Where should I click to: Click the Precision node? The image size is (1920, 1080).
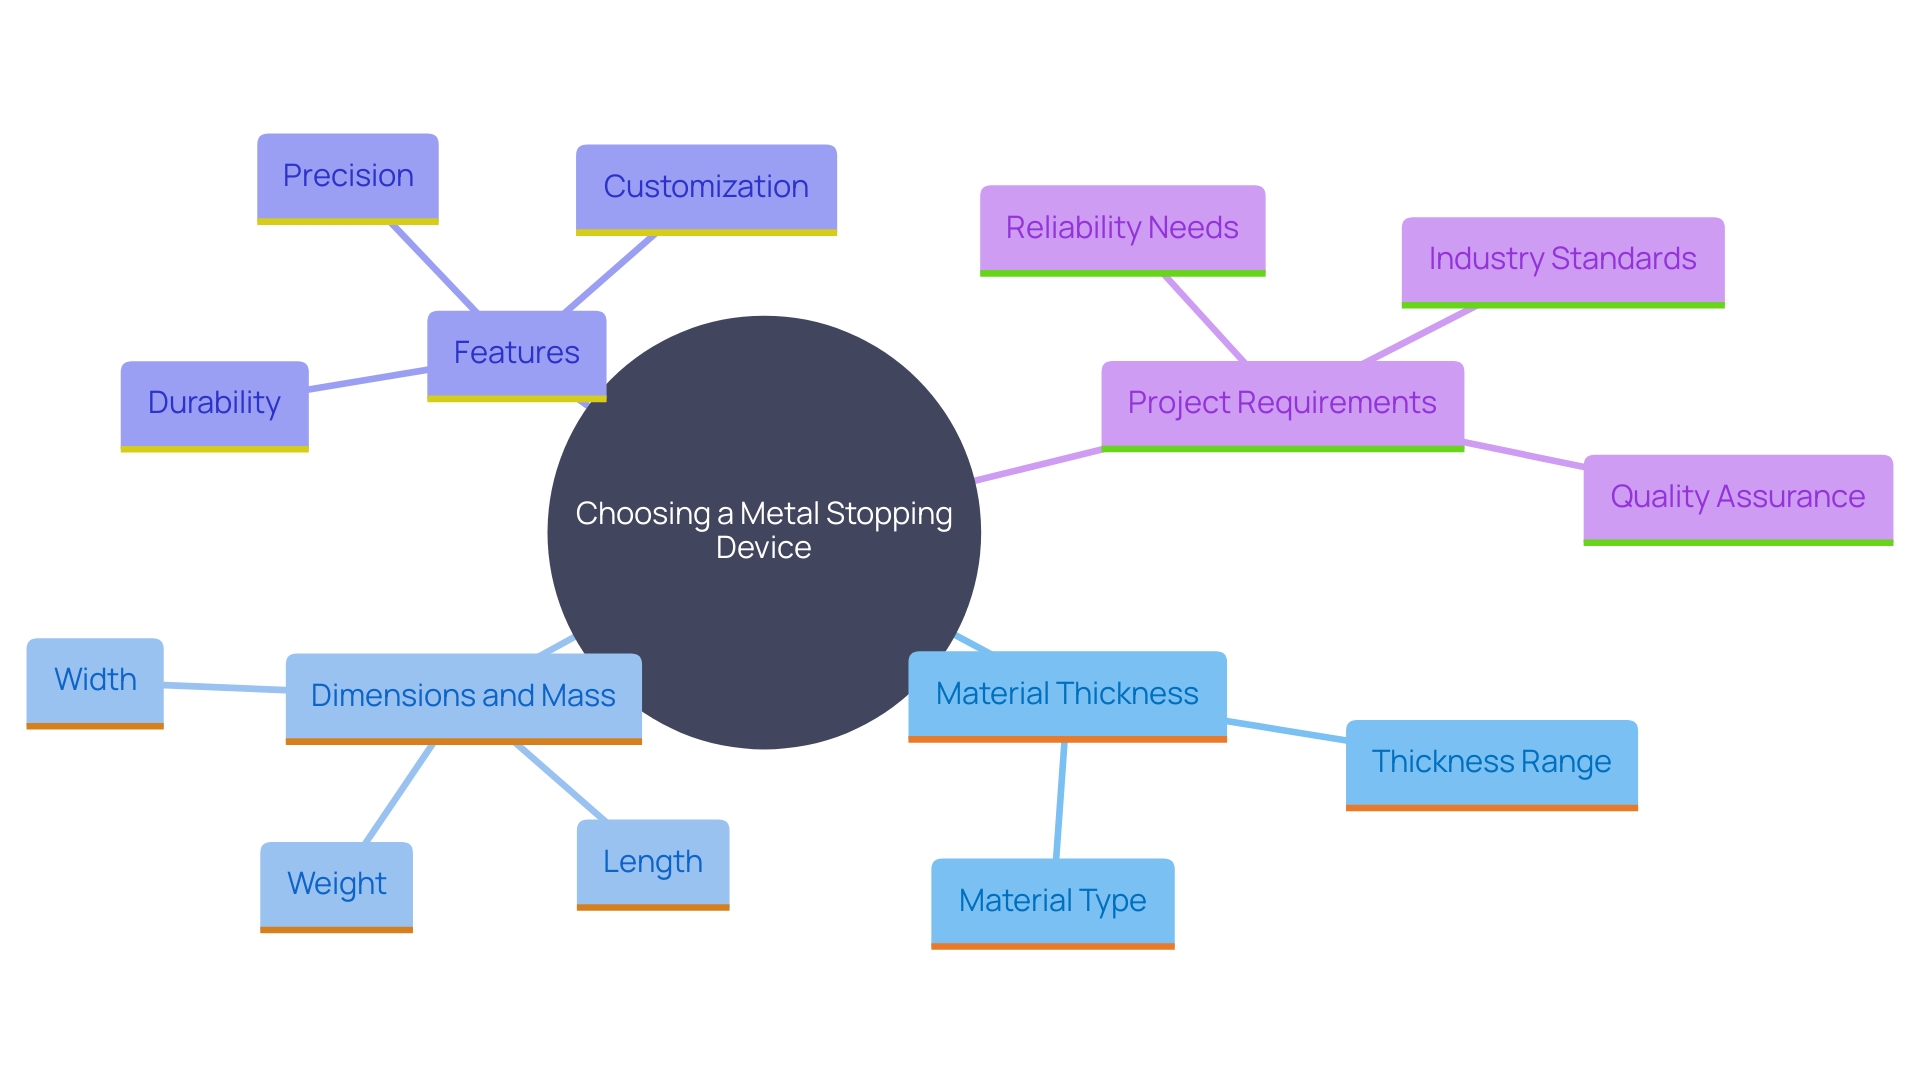coord(347,176)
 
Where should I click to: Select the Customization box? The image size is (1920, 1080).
coord(706,187)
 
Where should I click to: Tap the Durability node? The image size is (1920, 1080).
coord(214,403)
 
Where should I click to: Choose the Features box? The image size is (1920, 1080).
coord(516,353)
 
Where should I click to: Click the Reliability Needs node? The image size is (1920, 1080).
coord(1122,228)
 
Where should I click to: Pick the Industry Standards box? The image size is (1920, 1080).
coord(1562,259)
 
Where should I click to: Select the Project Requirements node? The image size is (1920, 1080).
coord(1282,403)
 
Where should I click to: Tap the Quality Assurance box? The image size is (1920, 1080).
coord(1737,497)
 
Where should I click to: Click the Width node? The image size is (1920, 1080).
coord(95,680)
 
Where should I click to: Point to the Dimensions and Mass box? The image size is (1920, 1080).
coord(463,696)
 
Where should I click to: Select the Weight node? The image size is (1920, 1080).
coord(336,884)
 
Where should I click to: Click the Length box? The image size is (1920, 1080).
coord(652,862)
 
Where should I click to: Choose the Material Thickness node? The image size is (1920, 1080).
coord(1067,694)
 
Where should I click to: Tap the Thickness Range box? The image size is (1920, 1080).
coord(1491,762)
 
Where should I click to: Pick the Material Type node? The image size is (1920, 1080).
coord(1052,901)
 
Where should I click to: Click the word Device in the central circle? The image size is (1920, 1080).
coord(763,548)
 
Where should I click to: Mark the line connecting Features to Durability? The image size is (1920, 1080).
coord(368,379)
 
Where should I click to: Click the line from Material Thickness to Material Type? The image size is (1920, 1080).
coord(1060,800)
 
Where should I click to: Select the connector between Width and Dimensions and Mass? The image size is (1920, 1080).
coord(225,687)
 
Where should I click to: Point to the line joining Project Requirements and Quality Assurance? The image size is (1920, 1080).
coord(1524,453)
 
